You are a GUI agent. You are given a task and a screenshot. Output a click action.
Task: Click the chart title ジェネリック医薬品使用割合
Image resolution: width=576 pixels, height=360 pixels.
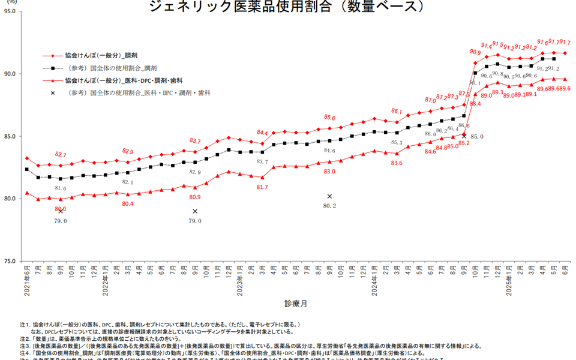pos(289,7)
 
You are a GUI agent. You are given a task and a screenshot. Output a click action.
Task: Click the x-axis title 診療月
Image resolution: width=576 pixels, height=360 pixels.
pos(296,304)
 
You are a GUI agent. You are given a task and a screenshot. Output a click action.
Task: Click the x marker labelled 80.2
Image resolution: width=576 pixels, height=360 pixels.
pos(329,196)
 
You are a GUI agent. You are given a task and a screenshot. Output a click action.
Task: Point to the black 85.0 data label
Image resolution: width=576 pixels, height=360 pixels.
pos(477,137)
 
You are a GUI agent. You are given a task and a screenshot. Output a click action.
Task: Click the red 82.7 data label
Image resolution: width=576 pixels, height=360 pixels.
pos(61,155)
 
